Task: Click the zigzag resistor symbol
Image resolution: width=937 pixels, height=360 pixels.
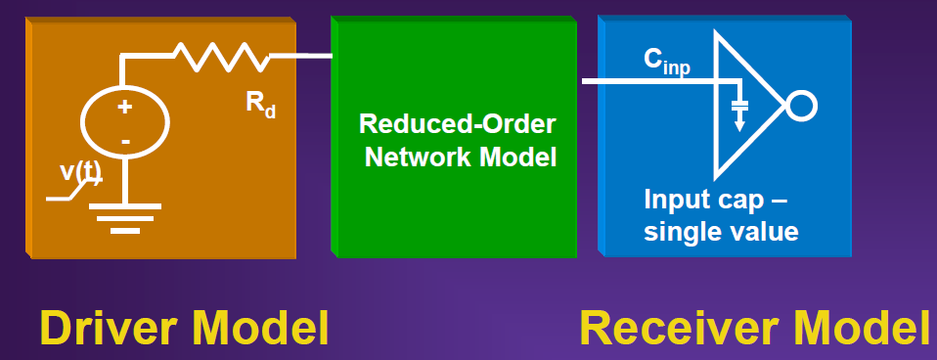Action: (x=221, y=56)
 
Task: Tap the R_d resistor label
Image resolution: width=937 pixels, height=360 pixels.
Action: (x=260, y=106)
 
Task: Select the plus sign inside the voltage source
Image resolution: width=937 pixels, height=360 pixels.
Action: (x=124, y=108)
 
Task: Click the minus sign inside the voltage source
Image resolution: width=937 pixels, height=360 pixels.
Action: (x=125, y=142)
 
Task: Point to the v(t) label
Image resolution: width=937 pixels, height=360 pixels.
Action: (x=81, y=173)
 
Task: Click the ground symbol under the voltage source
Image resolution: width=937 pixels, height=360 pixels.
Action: (x=125, y=218)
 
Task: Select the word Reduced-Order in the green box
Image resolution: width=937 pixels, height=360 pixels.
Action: (x=457, y=124)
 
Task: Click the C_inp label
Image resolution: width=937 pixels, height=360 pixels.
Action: (x=666, y=61)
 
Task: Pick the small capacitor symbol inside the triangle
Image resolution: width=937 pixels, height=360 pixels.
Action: (x=739, y=106)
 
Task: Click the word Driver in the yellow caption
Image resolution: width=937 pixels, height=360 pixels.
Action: (x=109, y=328)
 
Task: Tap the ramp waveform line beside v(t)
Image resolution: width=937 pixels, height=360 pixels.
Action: (x=71, y=190)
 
